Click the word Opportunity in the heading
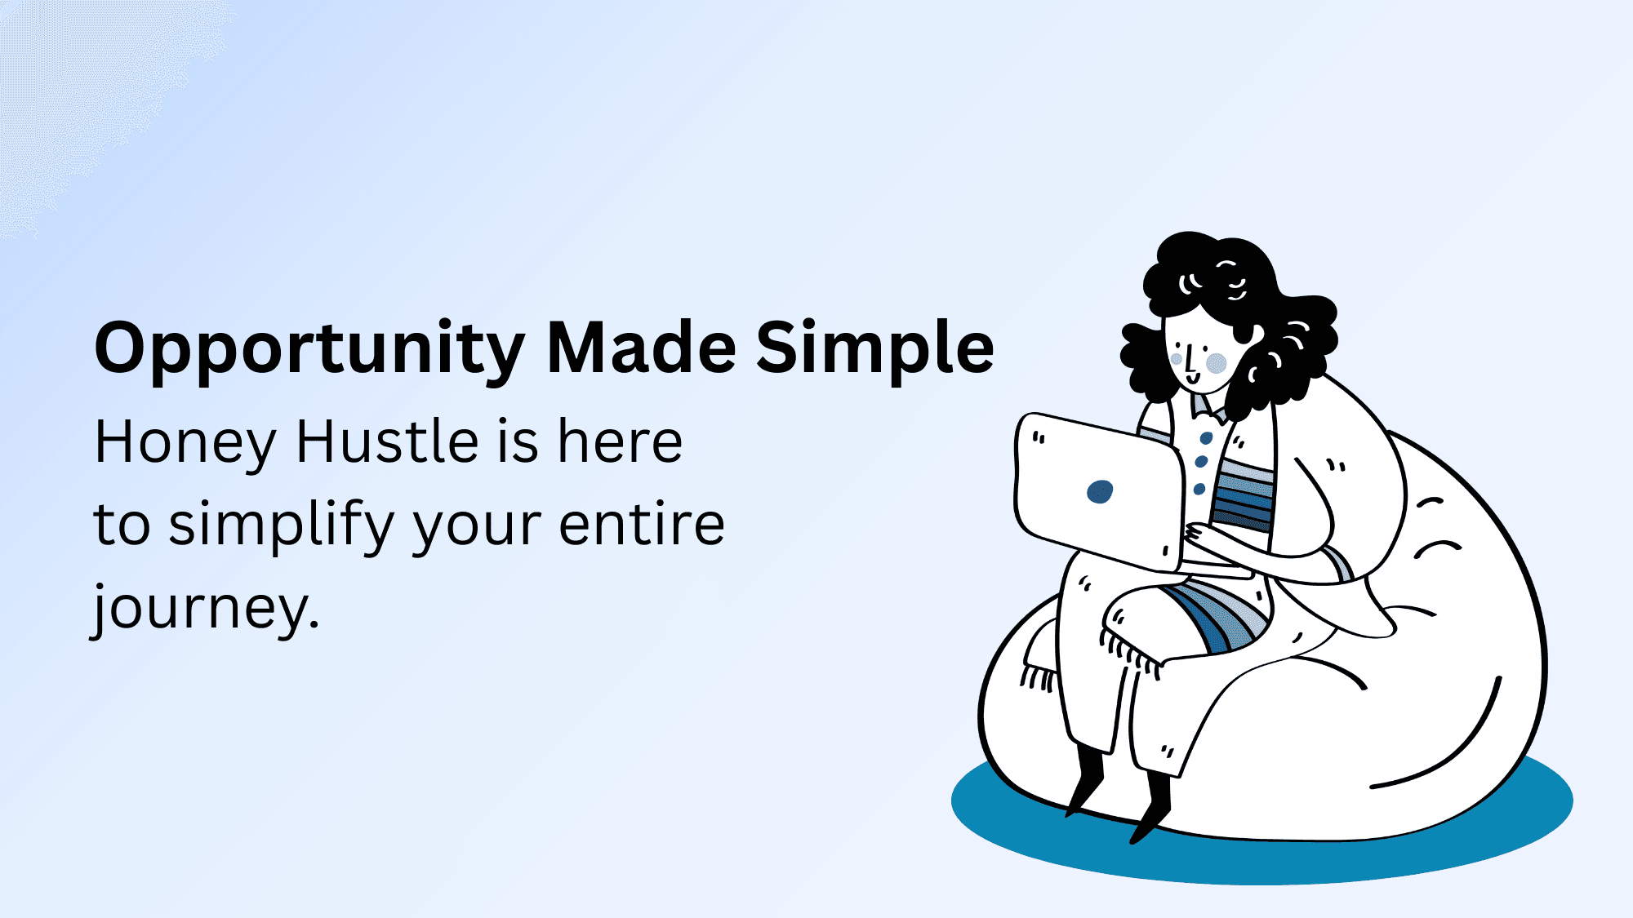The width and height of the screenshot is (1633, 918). click(309, 348)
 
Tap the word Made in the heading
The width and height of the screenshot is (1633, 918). click(641, 347)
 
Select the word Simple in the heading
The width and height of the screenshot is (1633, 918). click(875, 348)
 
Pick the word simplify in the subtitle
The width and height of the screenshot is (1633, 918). click(282, 526)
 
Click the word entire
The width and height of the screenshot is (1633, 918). click(642, 524)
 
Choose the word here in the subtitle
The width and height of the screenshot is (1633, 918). click(620, 441)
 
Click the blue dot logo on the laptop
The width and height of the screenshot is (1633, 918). click(1100, 491)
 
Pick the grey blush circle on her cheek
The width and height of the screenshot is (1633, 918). click(1217, 363)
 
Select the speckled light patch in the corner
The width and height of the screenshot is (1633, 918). click(90, 98)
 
